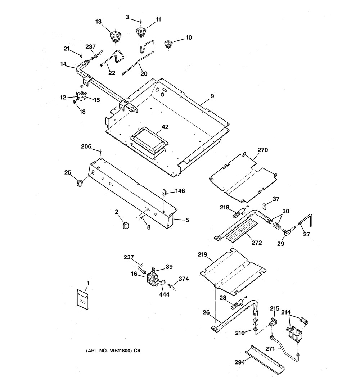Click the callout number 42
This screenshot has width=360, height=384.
(165, 127)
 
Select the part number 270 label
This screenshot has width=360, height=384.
(263, 150)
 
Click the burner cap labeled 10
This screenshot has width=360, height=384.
(168, 45)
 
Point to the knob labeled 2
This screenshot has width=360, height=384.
(126, 225)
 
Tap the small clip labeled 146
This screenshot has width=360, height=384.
(164, 192)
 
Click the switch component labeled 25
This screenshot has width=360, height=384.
(78, 183)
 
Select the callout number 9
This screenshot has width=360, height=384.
(212, 96)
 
